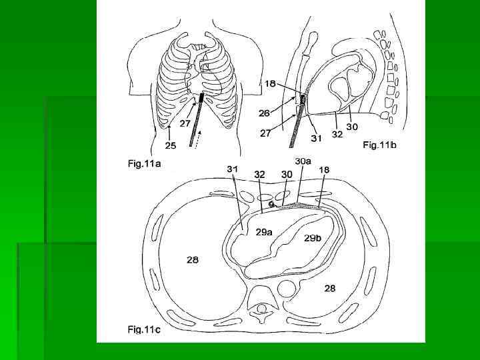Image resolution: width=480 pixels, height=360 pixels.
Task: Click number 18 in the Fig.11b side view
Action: tap(270, 83)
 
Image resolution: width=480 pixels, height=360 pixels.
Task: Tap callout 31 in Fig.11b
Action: tap(317, 139)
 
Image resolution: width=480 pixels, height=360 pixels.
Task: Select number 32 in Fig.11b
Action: tap(337, 133)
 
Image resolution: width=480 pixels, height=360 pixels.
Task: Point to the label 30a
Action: tap(303, 161)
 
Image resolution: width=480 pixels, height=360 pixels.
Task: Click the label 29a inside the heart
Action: tap(263, 231)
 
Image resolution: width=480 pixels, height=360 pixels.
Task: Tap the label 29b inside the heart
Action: tap(312, 238)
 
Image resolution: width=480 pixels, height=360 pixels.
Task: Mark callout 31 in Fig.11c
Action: tap(233, 170)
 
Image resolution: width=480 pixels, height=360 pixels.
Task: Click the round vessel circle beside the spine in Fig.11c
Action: tap(287, 289)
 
